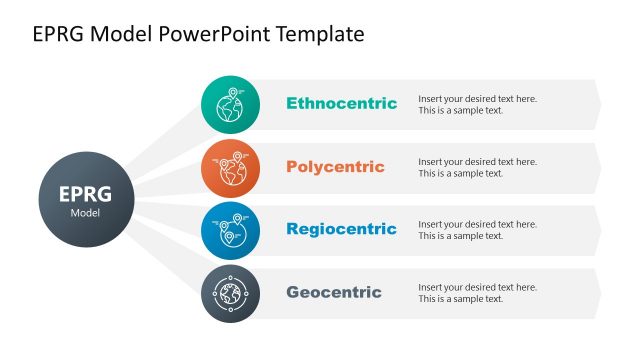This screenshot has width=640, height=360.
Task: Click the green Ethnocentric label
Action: point(341,103)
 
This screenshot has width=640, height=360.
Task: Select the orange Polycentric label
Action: point(335,166)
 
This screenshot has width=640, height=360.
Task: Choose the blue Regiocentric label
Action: point(341,229)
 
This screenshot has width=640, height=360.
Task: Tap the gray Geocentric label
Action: point(334,292)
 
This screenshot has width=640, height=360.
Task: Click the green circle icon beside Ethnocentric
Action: point(230,104)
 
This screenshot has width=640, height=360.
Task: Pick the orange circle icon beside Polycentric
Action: point(230,167)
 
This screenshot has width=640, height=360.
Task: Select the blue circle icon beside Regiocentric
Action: point(230,230)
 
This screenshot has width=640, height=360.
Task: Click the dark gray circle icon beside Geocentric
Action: point(230,293)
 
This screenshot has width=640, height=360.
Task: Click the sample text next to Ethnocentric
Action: point(477,104)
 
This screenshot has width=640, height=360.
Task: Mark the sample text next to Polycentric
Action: point(477,167)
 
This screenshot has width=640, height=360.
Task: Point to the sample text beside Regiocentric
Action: point(477,230)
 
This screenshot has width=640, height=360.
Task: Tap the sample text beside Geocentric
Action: point(477,293)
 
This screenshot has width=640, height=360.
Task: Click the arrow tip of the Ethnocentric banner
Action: point(597,104)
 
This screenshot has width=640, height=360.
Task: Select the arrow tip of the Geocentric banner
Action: point(597,293)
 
